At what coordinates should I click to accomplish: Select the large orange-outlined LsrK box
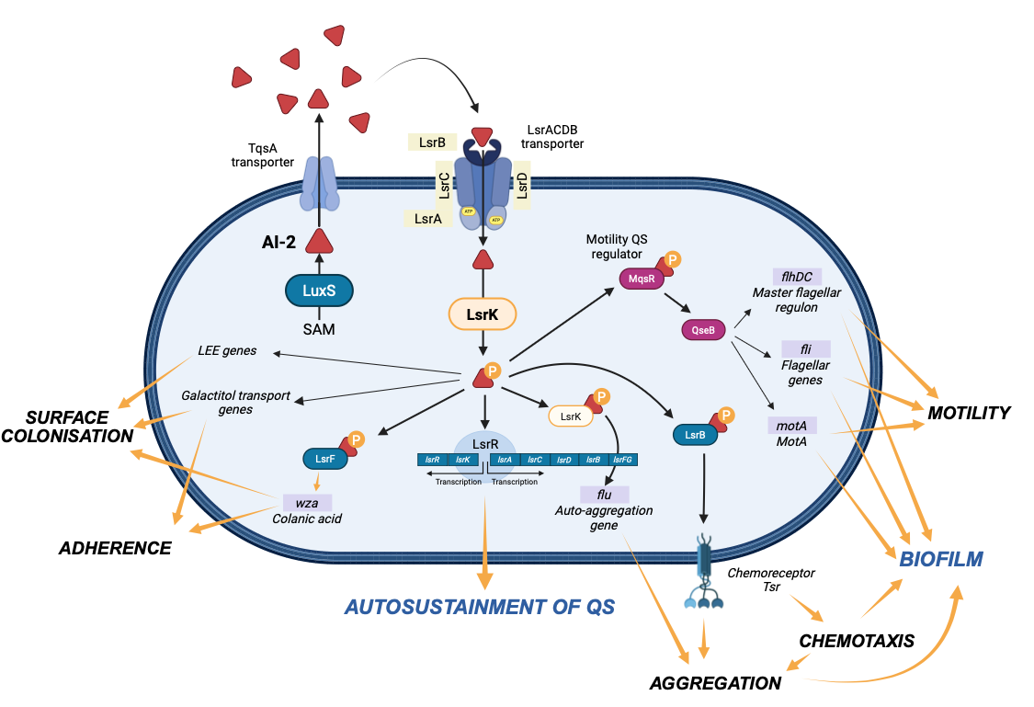point(482,314)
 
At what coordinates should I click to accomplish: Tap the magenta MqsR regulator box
point(640,279)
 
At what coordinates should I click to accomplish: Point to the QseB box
point(703,329)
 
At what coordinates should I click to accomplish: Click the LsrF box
point(325,457)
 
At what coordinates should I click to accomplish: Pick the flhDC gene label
point(798,276)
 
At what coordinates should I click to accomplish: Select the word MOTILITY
point(969,413)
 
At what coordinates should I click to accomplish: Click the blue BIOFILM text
point(940,558)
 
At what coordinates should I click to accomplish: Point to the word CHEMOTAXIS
point(856,641)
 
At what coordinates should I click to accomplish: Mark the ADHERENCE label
point(115,548)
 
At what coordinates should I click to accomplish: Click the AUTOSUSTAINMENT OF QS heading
point(479,607)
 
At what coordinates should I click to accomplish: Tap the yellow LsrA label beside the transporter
point(428,218)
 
